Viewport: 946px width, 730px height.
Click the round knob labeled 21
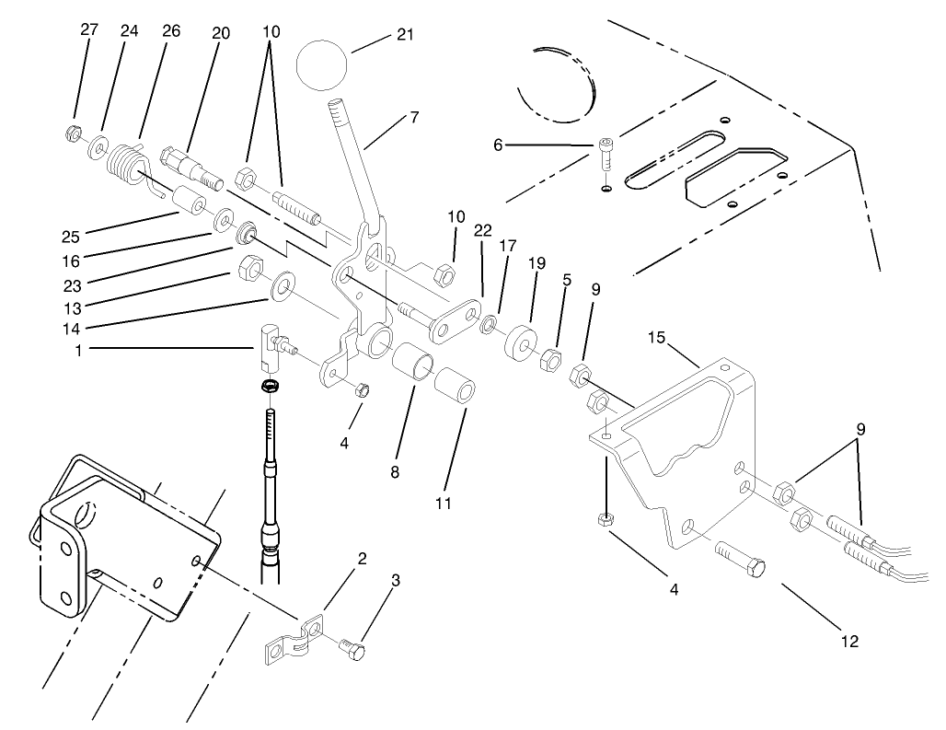pos(323,63)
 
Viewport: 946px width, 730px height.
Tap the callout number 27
pos(89,29)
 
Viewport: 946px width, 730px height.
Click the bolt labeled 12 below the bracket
pos(739,561)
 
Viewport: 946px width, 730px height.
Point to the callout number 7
pos(414,117)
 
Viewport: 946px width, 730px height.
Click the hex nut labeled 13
pos(248,269)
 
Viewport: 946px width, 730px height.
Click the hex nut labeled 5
pos(550,357)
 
